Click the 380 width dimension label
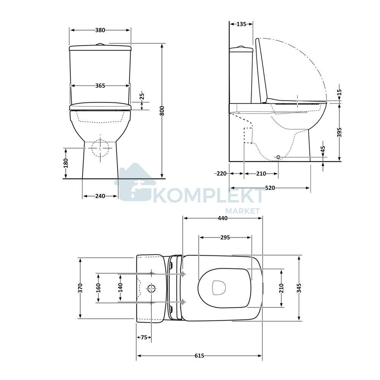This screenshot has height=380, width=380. tap(100, 30)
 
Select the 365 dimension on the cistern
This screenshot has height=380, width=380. tap(100, 85)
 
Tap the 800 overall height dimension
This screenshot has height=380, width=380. tap(162, 111)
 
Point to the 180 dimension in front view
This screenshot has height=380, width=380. tap(66, 163)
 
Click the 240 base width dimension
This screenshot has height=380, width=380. tap(100, 196)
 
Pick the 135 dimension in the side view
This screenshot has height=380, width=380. tap(241, 24)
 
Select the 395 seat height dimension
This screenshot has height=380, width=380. tap(339, 132)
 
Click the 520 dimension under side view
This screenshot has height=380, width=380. tap(270, 188)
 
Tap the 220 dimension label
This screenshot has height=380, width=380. tap(221, 174)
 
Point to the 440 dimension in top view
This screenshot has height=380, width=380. tap(222, 218)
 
